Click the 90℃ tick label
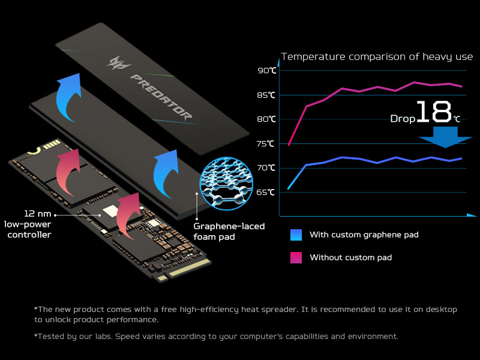coord(267,71)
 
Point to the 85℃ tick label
coord(267,95)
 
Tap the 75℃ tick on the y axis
coord(267,143)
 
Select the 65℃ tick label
coord(267,192)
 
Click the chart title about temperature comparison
coord(377,57)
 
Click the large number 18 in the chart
coord(433,112)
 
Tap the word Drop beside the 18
coord(402,119)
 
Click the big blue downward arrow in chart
coord(445,137)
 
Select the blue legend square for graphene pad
coord(296,235)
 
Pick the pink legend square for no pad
coord(296,257)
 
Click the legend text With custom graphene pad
coord(364,235)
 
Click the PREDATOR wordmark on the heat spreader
coord(161,96)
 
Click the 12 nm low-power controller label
coord(28,224)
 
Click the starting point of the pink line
coord(289,145)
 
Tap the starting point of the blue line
coord(289,188)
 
